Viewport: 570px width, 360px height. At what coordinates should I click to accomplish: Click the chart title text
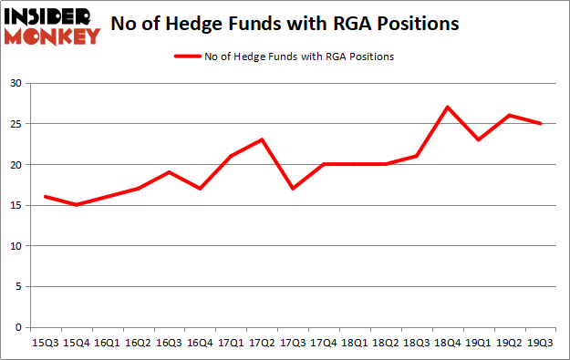[285, 25]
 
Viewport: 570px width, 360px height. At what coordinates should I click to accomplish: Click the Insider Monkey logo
[52, 26]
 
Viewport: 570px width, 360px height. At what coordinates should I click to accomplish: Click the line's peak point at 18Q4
[447, 108]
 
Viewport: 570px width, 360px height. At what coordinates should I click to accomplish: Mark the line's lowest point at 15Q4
[77, 205]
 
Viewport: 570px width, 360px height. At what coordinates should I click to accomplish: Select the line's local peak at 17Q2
[262, 139]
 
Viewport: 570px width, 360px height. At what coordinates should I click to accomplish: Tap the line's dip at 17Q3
[293, 189]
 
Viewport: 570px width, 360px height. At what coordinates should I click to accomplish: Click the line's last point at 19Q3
[541, 124]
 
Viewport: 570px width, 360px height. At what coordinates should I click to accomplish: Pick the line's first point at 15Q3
[46, 197]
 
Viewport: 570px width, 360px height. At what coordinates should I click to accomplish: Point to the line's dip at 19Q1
[478, 139]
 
